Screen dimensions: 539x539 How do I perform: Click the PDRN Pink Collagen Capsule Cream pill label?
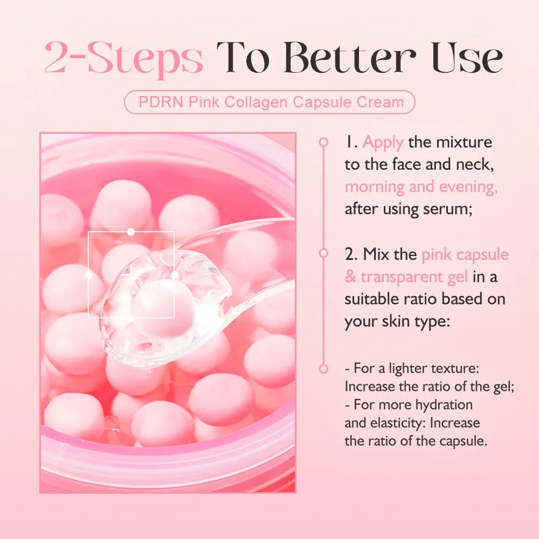269,102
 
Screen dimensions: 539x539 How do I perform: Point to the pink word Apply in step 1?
383,142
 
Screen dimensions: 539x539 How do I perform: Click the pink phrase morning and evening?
421,187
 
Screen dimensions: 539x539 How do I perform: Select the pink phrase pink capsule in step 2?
465,254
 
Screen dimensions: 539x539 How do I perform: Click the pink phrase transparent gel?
414,277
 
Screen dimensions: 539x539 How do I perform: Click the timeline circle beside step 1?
323,142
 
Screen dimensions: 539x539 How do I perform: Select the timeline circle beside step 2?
323,253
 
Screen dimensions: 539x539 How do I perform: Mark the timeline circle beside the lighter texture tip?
323,369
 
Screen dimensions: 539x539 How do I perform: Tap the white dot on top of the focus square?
130,232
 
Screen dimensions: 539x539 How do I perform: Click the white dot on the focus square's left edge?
88,275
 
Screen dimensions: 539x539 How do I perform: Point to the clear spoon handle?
253,243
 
